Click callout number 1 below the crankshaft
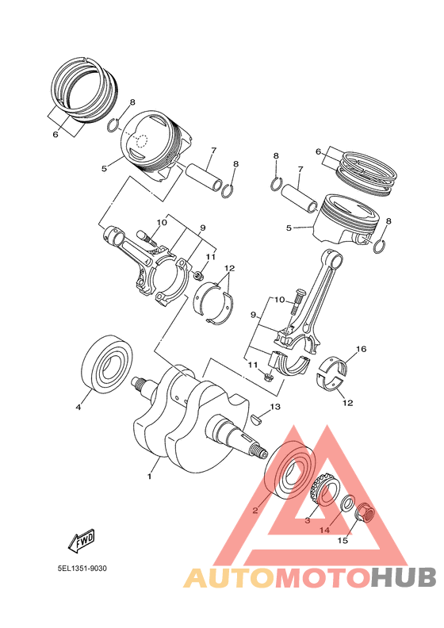click(148, 477)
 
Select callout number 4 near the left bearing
click(78, 408)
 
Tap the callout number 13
click(274, 407)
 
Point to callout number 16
click(361, 349)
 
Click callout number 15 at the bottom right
click(343, 542)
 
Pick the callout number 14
click(323, 530)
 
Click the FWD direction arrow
click(81, 542)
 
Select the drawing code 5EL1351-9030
click(82, 569)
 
